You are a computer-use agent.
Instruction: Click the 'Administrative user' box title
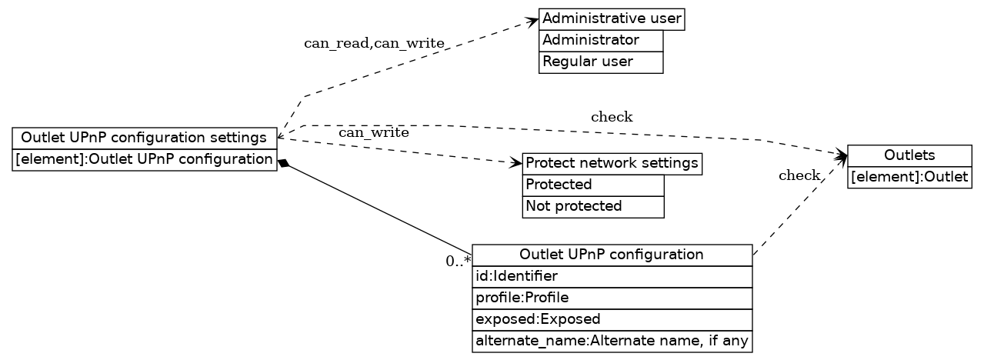[x=612, y=19]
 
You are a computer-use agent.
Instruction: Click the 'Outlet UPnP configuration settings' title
[x=144, y=138]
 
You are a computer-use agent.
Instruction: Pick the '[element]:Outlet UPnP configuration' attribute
[x=144, y=160]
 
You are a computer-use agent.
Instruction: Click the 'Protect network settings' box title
[x=612, y=164]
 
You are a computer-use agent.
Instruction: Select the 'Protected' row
[x=592, y=185]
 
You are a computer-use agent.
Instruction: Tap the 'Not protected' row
[x=592, y=207]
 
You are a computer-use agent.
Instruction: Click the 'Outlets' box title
[x=909, y=156]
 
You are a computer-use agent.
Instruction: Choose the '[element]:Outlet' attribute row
[x=909, y=178]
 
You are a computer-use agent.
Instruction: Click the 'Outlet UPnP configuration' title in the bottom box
[x=612, y=255]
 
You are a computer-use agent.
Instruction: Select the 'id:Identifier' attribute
[x=612, y=276]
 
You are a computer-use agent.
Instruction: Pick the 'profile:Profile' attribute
[x=612, y=298]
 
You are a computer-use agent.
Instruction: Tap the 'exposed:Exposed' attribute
[x=612, y=319]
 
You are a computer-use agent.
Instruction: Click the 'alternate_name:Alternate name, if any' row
[x=612, y=341]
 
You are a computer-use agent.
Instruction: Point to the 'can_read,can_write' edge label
[x=374, y=44]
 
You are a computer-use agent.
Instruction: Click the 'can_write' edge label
[x=373, y=133]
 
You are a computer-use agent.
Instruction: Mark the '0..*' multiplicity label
[x=458, y=261]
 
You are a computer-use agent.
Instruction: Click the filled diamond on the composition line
[x=283, y=163]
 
